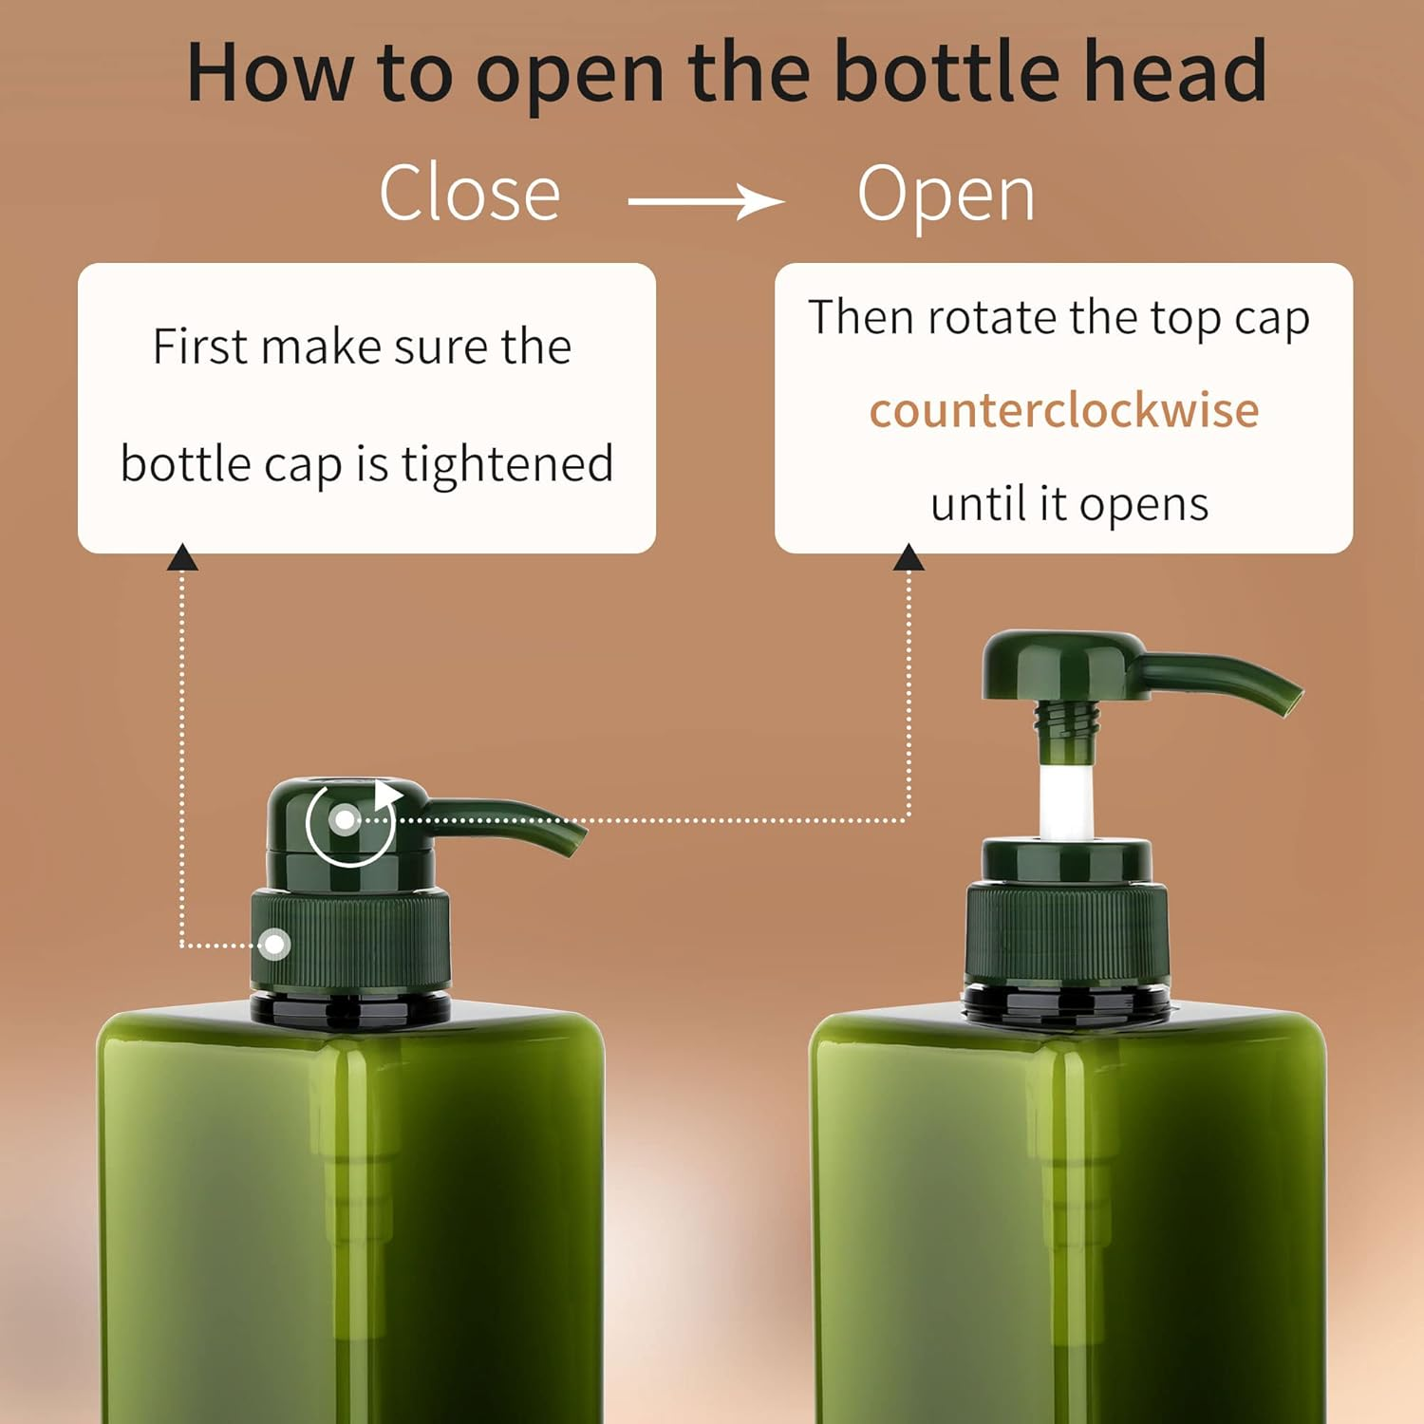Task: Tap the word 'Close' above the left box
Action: [470, 194]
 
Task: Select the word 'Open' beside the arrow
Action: [946, 196]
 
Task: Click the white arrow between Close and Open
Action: [706, 201]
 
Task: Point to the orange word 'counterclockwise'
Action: [1064, 410]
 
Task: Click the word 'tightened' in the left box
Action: [507, 465]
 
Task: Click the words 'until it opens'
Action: [1069, 504]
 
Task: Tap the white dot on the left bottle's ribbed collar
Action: [275, 945]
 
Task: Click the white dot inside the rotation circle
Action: [346, 819]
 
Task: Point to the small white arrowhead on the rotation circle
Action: [386, 794]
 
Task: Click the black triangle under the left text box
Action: [182, 558]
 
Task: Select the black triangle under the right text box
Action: [909, 558]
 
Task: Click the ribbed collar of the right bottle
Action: [1067, 935]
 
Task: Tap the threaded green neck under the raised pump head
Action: [1067, 726]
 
